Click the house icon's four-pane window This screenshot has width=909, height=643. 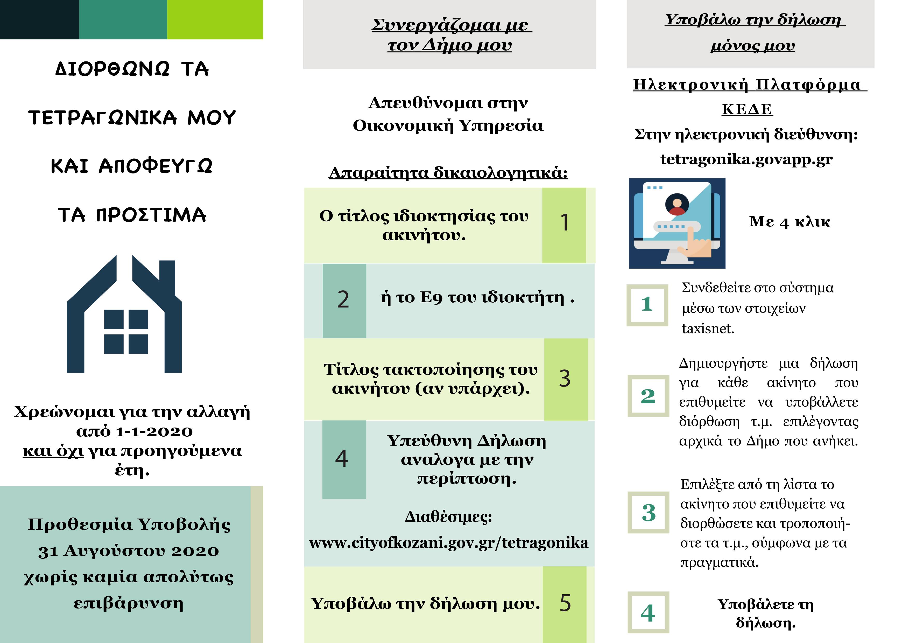(x=126, y=332)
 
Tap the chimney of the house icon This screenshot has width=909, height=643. (x=167, y=277)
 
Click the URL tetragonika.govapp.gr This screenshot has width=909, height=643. (x=746, y=159)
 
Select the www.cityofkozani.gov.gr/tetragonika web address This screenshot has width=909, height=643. (x=449, y=543)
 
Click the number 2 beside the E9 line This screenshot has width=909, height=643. (x=343, y=300)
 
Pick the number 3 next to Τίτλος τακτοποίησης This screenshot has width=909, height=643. (x=565, y=379)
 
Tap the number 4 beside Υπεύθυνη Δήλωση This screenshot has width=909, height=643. (x=342, y=459)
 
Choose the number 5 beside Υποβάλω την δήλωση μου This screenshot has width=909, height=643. (x=565, y=603)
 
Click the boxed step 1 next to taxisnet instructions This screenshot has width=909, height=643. (x=647, y=304)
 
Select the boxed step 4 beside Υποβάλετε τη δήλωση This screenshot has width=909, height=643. (x=648, y=613)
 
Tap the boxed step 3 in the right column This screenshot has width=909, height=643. (x=649, y=513)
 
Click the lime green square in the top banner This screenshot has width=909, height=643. (x=215, y=19)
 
